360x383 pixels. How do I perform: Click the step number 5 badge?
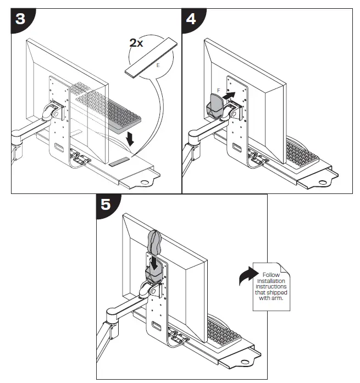point(106,206)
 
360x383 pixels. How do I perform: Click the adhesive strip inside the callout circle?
point(149,58)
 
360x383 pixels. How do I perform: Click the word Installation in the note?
point(272,281)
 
